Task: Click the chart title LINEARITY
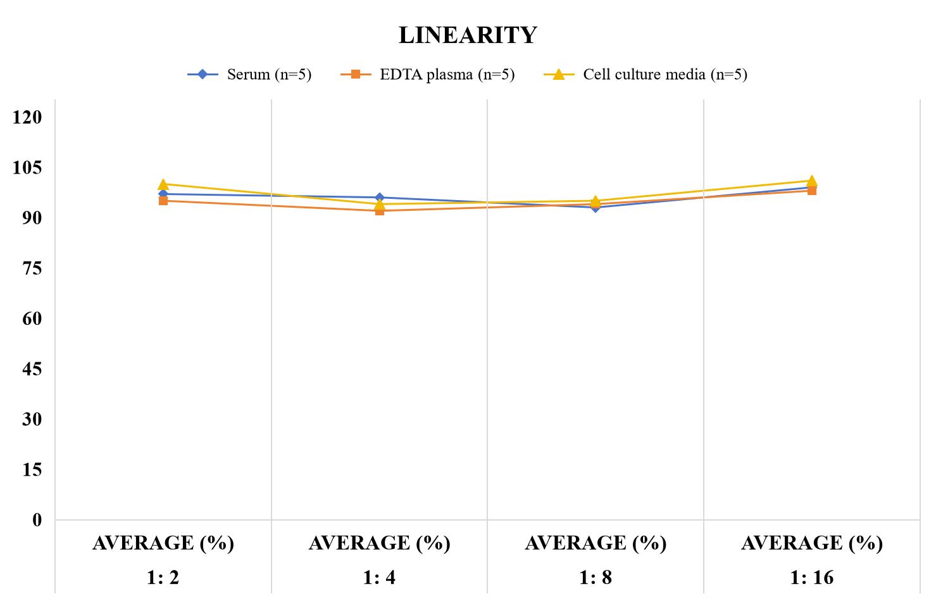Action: click(468, 35)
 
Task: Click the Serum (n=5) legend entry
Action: click(249, 75)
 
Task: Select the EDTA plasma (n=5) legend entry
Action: click(427, 75)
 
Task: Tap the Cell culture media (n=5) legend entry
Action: click(645, 75)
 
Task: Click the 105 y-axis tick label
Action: click(27, 167)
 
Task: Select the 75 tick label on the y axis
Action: click(32, 268)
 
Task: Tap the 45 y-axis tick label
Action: click(32, 369)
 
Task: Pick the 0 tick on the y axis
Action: click(37, 520)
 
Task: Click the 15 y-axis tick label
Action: click(32, 470)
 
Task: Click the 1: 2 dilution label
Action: click(163, 578)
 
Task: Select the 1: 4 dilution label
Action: click(379, 578)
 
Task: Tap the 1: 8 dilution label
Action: click(596, 578)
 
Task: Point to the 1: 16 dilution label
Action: click(812, 578)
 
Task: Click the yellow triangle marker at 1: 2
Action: click(163, 184)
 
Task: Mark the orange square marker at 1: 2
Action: click(163, 201)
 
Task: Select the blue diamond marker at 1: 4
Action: click(380, 198)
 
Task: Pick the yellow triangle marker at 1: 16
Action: click(811, 180)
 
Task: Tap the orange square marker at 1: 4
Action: click(380, 212)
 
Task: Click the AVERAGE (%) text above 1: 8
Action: click(596, 543)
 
